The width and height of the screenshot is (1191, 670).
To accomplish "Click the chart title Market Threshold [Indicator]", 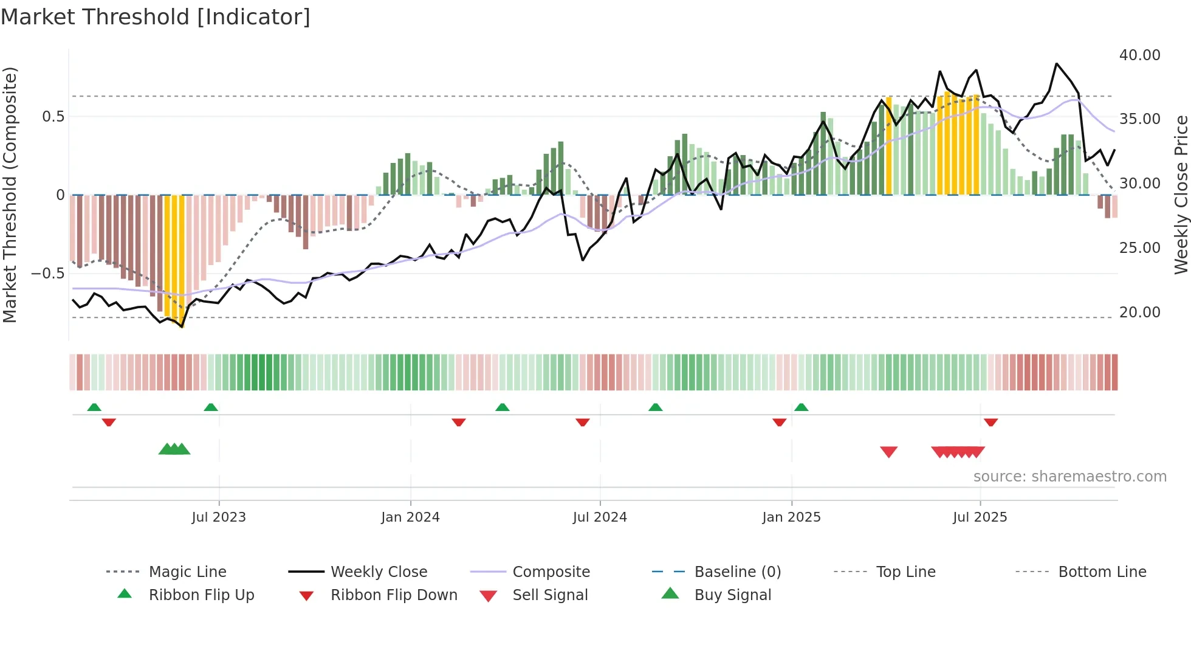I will click(x=156, y=17).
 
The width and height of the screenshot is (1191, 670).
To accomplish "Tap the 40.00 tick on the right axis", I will click(x=1139, y=55).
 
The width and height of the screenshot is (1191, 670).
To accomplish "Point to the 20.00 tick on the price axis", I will click(x=1139, y=313).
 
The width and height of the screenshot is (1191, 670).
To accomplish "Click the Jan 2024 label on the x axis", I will click(x=410, y=517).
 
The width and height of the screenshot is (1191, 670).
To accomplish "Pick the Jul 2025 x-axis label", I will click(x=980, y=517).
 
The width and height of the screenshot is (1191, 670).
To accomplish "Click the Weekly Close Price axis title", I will click(x=1181, y=195).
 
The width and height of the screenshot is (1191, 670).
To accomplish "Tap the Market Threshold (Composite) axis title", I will click(x=10, y=195).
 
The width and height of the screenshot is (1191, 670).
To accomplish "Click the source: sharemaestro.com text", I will click(x=1069, y=477).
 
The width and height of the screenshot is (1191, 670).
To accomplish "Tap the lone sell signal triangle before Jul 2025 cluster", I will click(x=888, y=452).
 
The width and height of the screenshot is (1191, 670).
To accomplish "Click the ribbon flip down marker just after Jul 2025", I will click(x=990, y=422).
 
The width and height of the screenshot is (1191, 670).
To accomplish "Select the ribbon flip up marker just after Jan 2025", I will click(x=801, y=407).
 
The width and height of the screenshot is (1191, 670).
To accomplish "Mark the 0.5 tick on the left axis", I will click(x=53, y=117).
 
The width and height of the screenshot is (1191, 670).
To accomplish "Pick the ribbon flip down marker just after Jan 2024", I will click(x=459, y=422).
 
